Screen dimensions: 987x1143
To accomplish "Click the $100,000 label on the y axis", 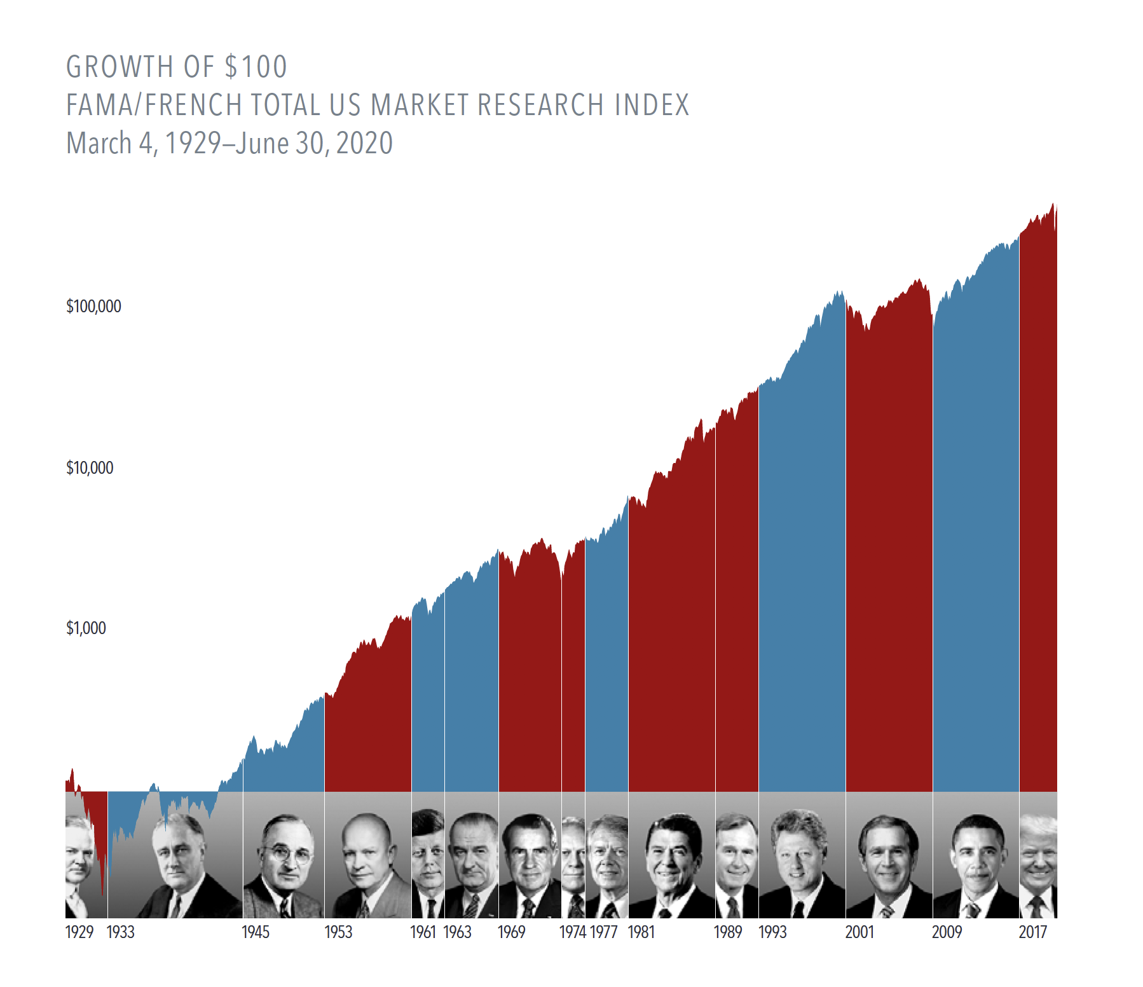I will [93, 307].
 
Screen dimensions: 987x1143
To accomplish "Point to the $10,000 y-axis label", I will [90, 468].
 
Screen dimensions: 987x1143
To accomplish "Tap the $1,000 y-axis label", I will [86, 628].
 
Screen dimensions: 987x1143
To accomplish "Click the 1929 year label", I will [79, 932].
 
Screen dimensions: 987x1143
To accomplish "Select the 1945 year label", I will [256, 932].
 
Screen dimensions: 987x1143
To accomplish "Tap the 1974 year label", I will [572, 932].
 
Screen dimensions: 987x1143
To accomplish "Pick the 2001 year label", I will [859, 932].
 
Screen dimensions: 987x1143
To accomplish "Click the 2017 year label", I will [1033, 932].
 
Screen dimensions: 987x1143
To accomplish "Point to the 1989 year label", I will [728, 932].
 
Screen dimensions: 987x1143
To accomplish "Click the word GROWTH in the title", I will [120, 67].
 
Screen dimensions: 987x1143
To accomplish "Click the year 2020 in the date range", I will [364, 144].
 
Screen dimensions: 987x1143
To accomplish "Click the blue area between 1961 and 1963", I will [428, 700].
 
